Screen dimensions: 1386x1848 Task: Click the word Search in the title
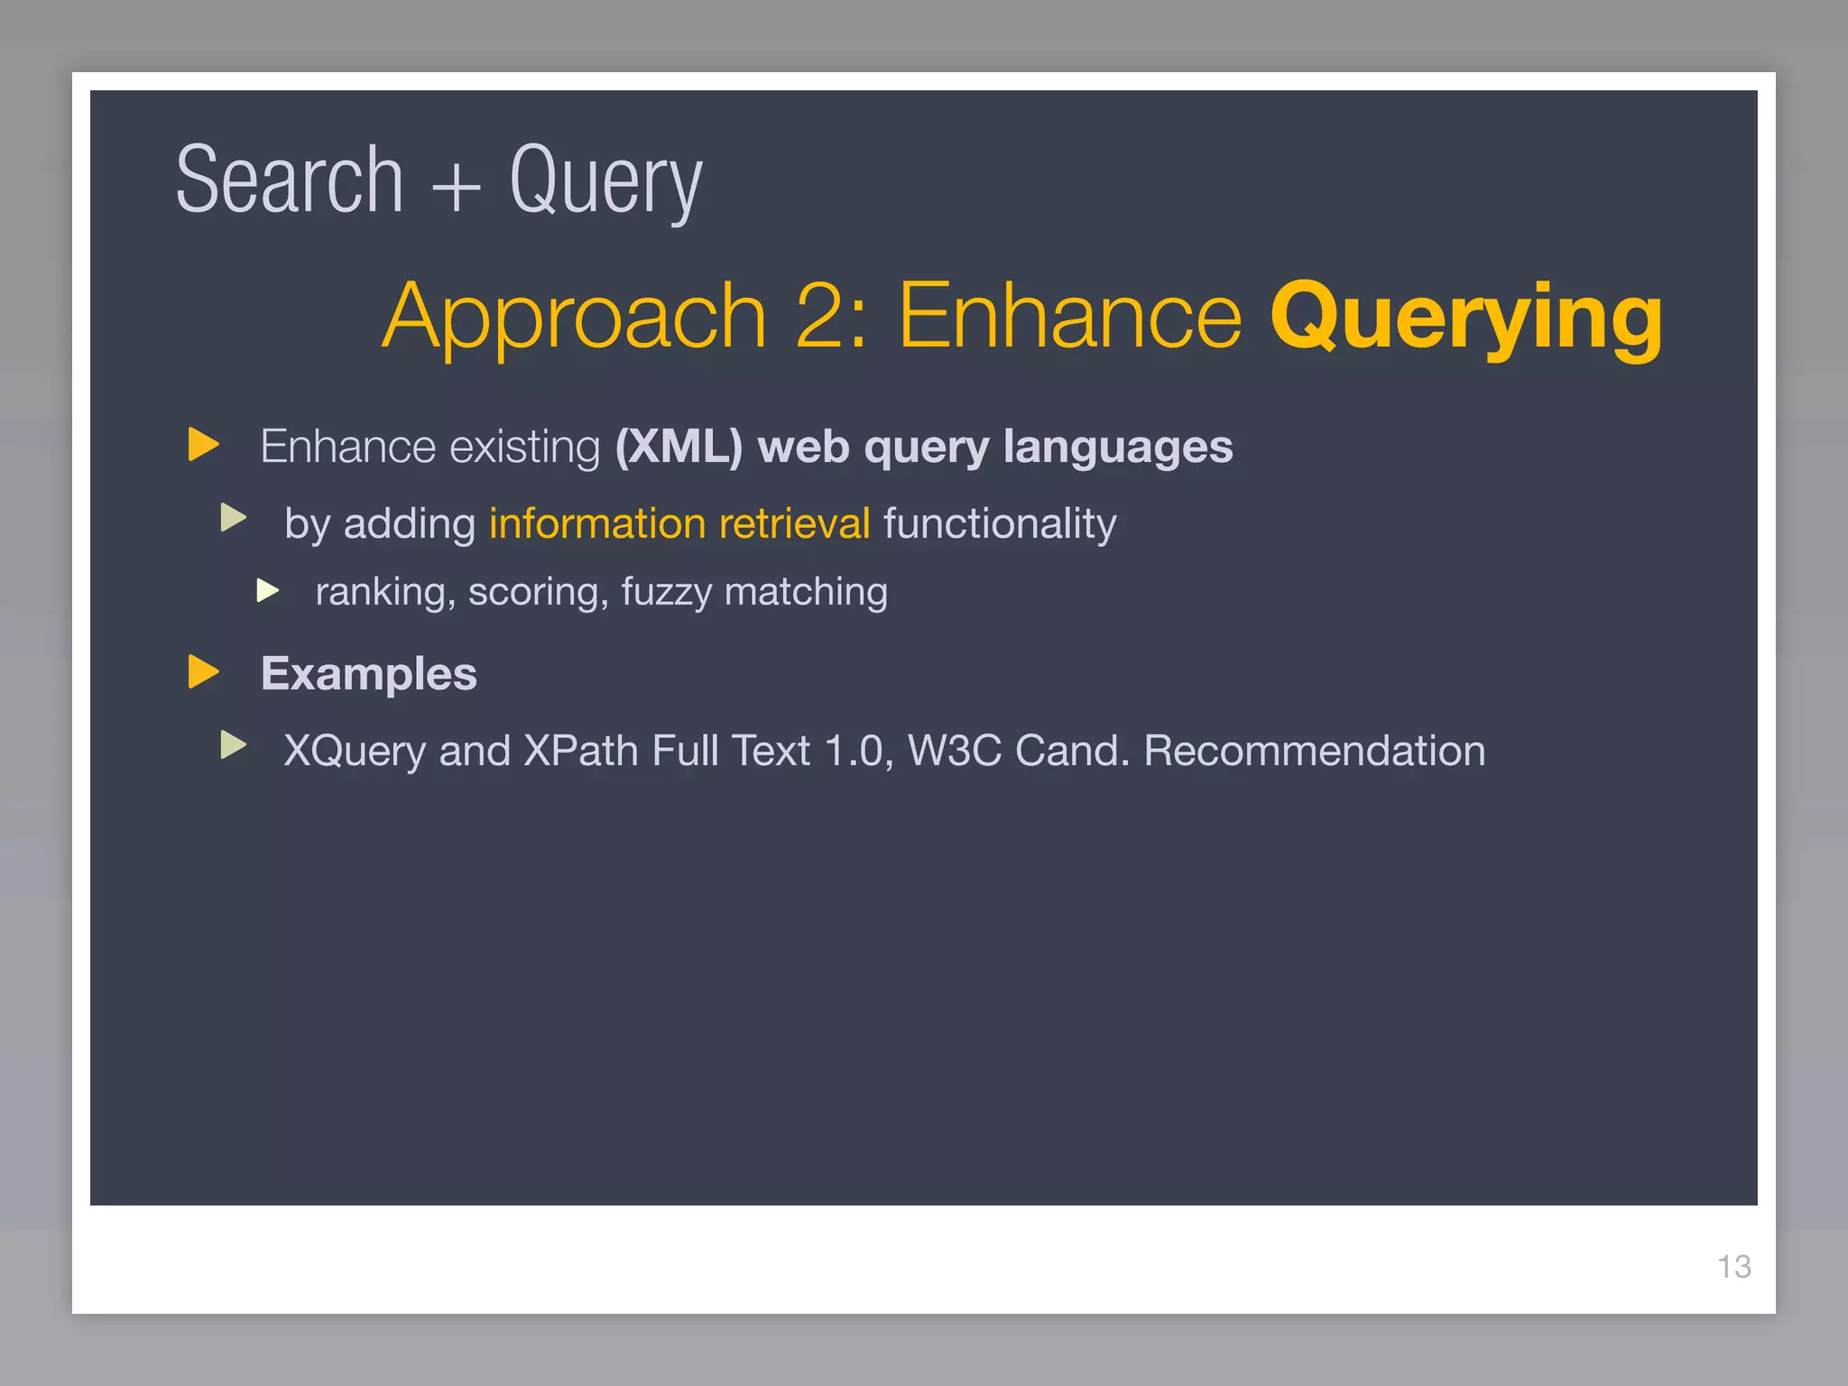click(289, 180)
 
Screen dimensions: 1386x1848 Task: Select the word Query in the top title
click(605, 185)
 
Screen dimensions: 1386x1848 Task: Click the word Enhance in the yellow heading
click(1070, 316)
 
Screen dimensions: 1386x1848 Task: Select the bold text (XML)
click(679, 447)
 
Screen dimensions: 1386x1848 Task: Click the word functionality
click(1000, 524)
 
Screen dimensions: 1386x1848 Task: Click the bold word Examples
click(368, 674)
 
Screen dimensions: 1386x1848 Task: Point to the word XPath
click(580, 751)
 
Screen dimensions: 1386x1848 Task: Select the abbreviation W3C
click(955, 751)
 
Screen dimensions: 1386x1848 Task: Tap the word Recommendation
click(1314, 751)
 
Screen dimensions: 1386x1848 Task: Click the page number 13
click(1733, 1267)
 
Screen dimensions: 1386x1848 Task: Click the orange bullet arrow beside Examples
click(204, 672)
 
